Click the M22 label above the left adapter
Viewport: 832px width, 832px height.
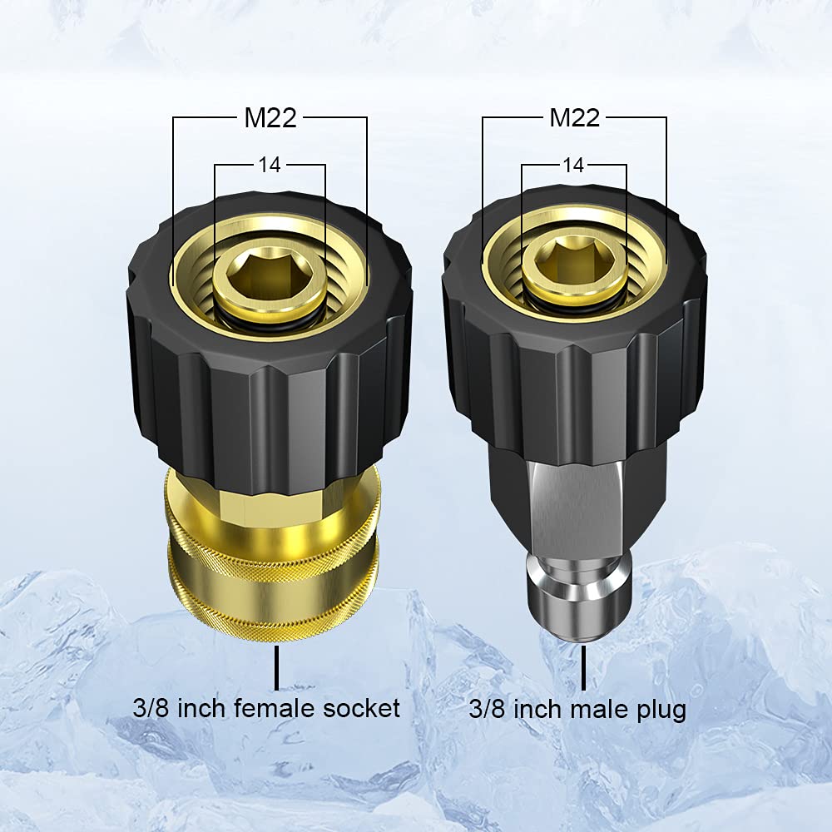(x=270, y=118)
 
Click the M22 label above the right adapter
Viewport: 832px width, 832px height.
(x=574, y=118)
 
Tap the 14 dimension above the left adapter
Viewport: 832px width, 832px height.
(x=270, y=165)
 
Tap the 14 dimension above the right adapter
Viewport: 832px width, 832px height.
(x=573, y=165)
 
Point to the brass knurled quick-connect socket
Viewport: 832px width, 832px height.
(x=275, y=566)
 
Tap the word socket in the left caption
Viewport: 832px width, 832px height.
(x=363, y=708)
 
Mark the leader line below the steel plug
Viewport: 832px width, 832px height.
(x=582, y=670)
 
